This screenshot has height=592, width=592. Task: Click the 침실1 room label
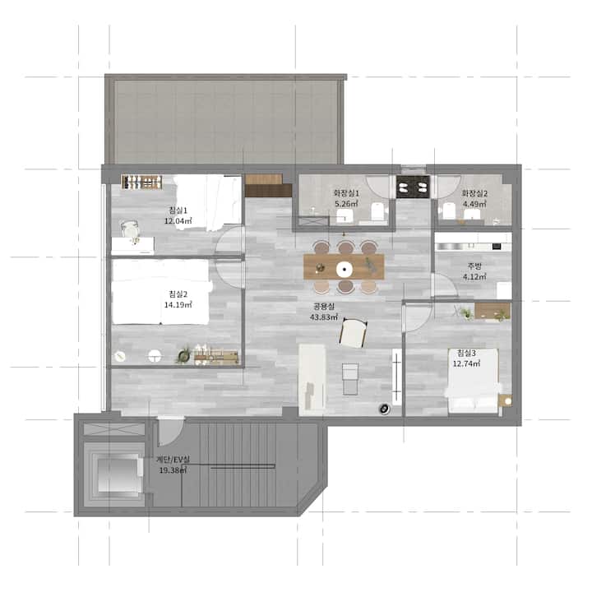click(x=178, y=210)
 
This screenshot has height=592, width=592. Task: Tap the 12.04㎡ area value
click(x=178, y=221)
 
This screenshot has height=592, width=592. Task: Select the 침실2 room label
click(x=178, y=294)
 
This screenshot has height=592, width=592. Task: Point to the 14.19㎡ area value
click(x=178, y=305)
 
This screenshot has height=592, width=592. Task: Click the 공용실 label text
click(x=324, y=307)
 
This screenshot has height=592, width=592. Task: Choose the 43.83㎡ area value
click(x=324, y=317)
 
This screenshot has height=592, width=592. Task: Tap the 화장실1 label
click(x=346, y=193)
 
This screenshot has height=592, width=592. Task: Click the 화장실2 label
click(x=474, y=193)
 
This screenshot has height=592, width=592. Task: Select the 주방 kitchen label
click(x=474, y=266)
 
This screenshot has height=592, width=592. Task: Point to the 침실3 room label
click(x=467, y=353)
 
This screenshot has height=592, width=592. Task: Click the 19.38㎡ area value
click(x=173, y=470)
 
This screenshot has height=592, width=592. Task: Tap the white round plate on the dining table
click(x=345, y=269)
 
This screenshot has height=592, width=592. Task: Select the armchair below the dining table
click(x=354, y=333)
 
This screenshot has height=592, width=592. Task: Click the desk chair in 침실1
click(x=130, y=229)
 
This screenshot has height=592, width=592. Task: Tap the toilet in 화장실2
click(x=448, y=211)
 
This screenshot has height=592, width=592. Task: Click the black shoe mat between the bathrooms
click(x=413, y=187)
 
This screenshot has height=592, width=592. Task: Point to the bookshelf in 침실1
click(x=142, y=182)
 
